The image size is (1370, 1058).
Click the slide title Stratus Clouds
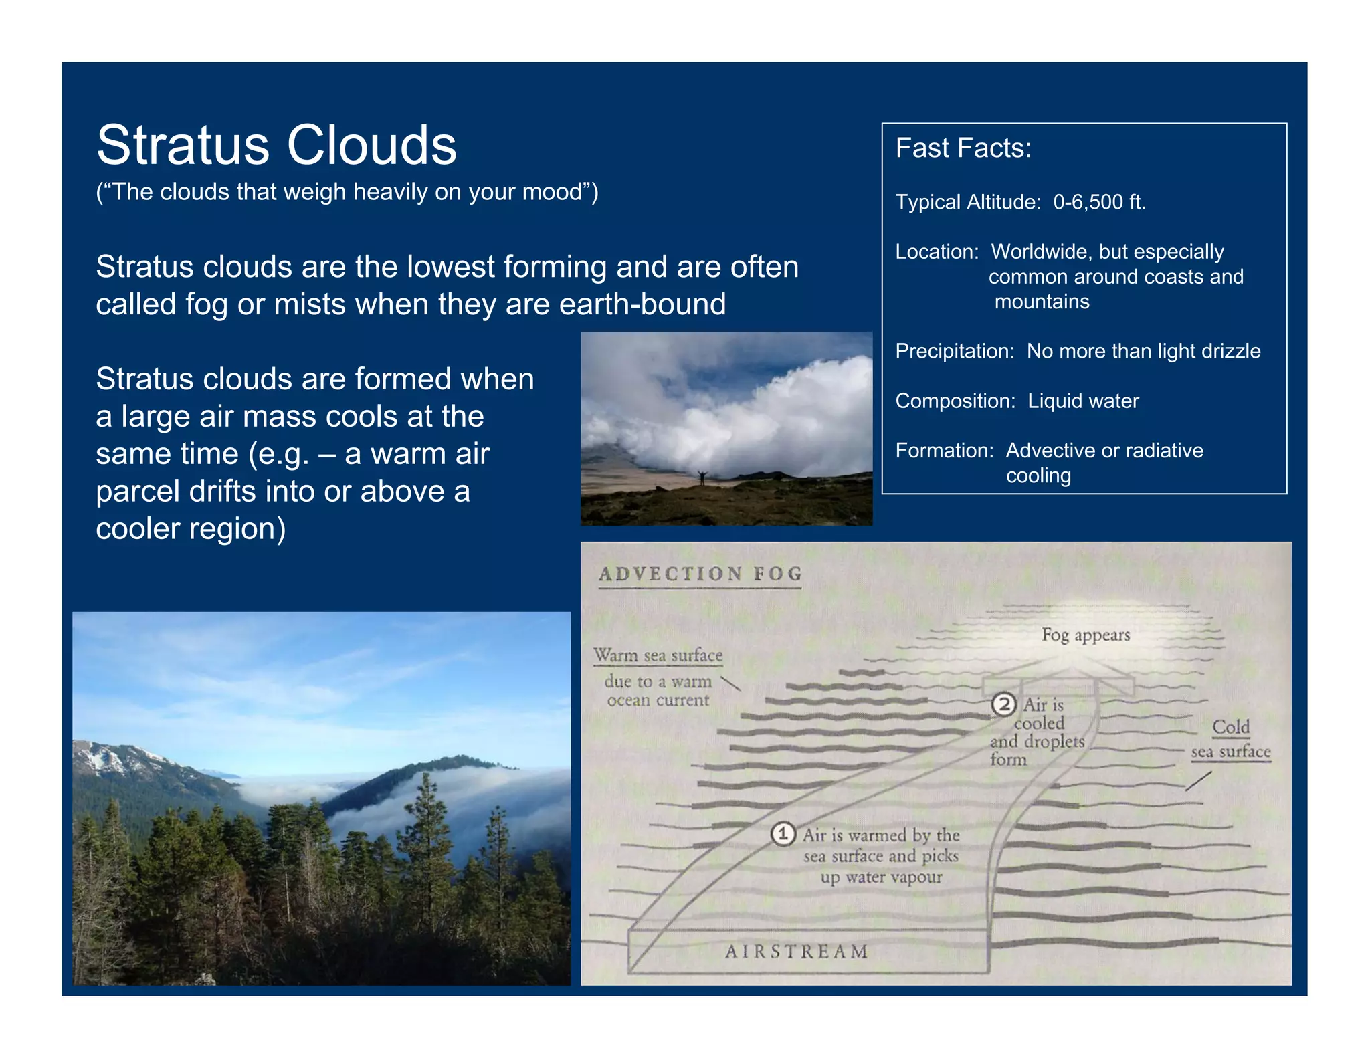276,145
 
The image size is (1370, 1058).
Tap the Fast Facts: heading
963,148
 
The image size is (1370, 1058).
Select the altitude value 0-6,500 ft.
1099,202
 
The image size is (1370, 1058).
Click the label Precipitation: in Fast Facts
955,351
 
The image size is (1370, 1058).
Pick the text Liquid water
1083,401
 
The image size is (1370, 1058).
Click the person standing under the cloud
702,478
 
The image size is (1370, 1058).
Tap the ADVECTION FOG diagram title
700,574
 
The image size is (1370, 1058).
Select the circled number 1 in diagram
783,834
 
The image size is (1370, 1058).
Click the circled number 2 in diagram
1003,704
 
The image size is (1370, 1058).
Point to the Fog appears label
1085,635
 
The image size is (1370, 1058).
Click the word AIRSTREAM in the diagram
796,951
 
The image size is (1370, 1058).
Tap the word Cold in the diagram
1230,727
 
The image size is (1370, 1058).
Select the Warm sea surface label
658,655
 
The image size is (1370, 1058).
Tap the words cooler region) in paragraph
191,529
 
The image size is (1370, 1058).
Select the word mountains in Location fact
1042,302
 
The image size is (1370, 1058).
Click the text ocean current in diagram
658,700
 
